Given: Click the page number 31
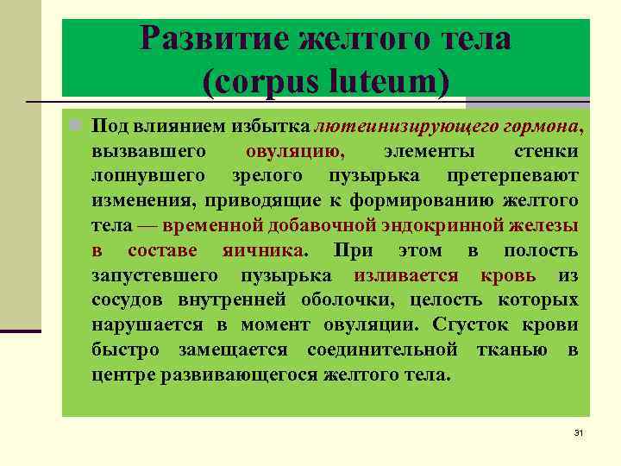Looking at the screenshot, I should pyautogui.click(x=579, y=431).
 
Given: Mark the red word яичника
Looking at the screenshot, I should pyautogui.click(x=267, y=251).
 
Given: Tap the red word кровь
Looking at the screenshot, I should pyautogui.click(x=508, y=276).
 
